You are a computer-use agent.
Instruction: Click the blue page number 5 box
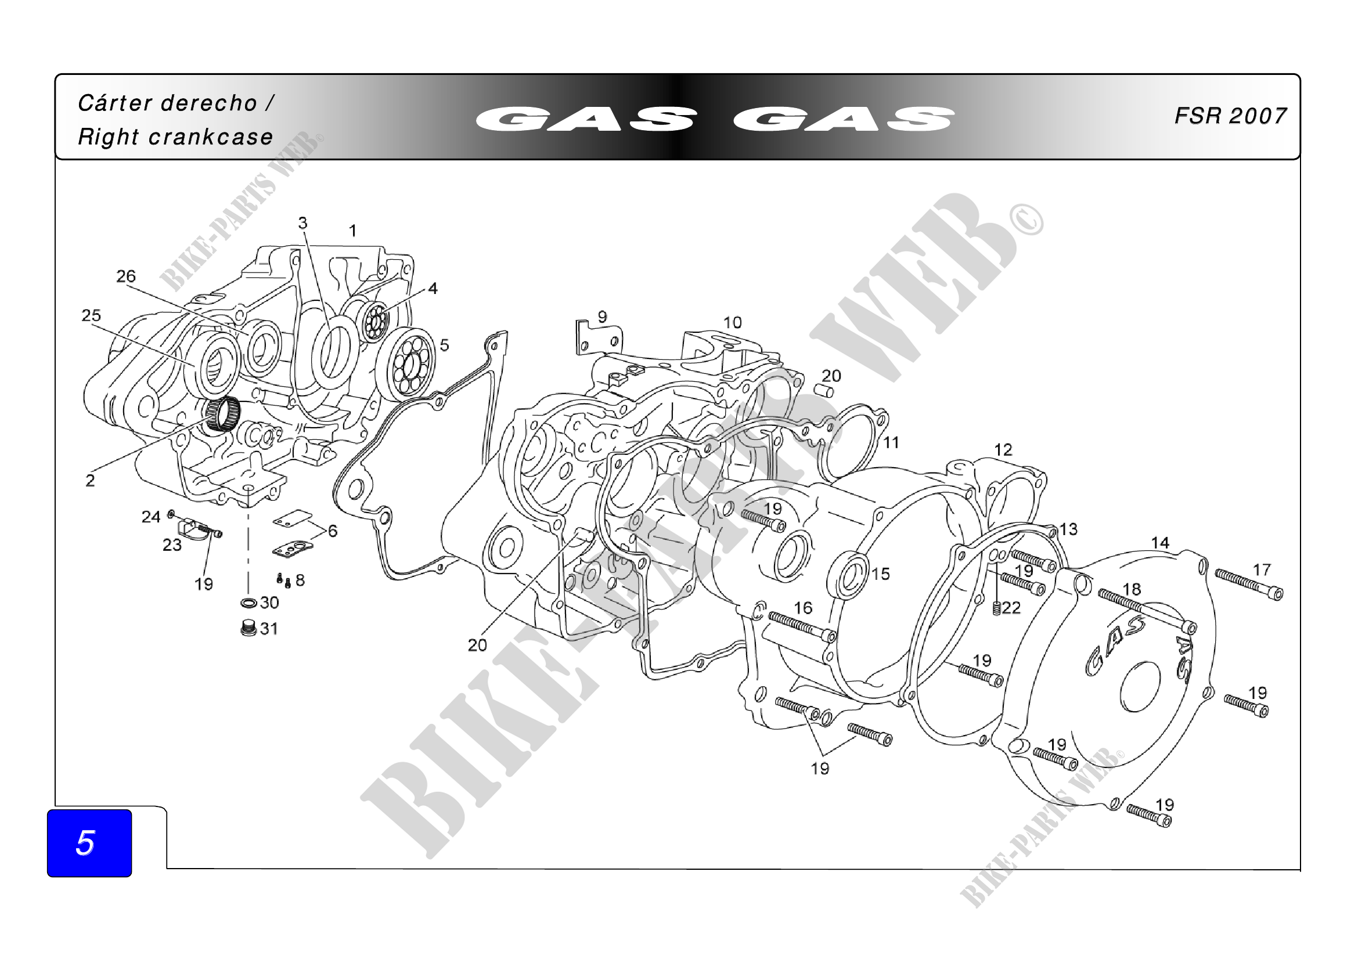[x=89, y=842]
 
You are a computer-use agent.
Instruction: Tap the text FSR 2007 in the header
[x=1230, y=116]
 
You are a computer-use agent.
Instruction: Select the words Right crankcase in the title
[x=176, y=137]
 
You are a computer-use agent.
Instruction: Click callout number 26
[x=126, y=277]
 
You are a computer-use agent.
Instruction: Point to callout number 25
[x=91, y=315]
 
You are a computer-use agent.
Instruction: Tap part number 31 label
[x=269, y=629]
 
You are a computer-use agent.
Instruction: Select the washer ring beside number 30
[x=248, y=603]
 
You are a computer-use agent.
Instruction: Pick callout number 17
[x=1262, y=570]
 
